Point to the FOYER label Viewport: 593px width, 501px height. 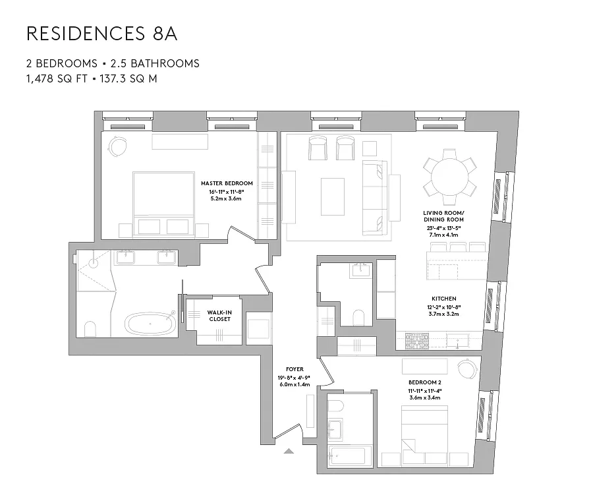(x=294, y=369)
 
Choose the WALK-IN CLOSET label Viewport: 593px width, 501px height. (x=219, y=316)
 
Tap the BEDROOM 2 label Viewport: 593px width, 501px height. (x=424, y=382)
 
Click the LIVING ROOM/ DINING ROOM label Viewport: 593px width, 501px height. (x=443, y=216)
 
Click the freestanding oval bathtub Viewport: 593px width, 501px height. (x=150, y=324)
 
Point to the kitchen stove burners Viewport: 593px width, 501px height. (x=416, y=341)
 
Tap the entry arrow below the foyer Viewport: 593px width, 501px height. (x=289, y=452)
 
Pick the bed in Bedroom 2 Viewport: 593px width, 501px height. (x=424, y=428)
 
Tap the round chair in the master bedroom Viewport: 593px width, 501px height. (x=118, y=145)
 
